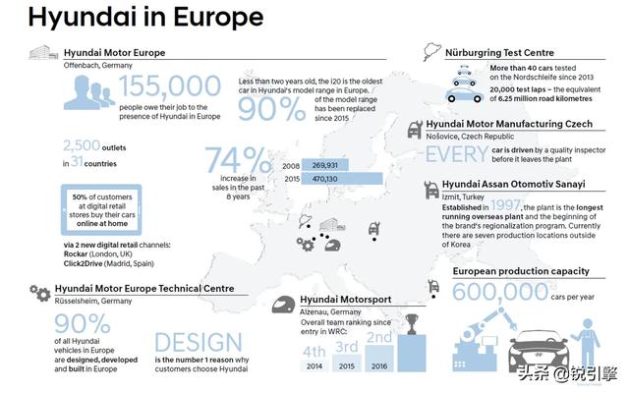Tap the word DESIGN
[x=197, y=342]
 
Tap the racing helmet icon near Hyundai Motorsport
[x=283, y=305]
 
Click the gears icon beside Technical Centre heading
[x=40, y=292]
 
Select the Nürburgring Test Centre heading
[x=498, y=52]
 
